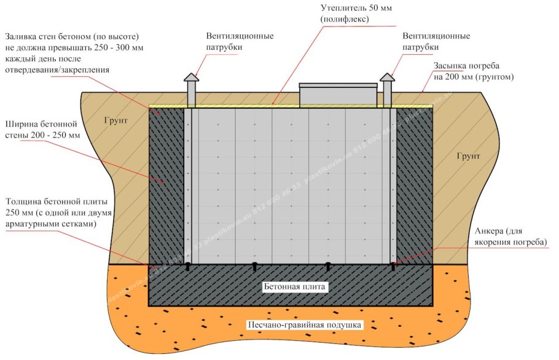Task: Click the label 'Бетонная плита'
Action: (293, 287)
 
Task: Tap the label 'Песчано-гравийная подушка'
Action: (305, 325)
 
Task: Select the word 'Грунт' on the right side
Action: (469, 156)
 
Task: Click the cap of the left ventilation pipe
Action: (190, 78)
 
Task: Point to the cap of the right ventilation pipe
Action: (387, 78)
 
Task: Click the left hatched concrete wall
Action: (166, 184)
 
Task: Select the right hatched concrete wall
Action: (414, 184)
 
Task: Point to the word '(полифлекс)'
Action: (343, 20)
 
